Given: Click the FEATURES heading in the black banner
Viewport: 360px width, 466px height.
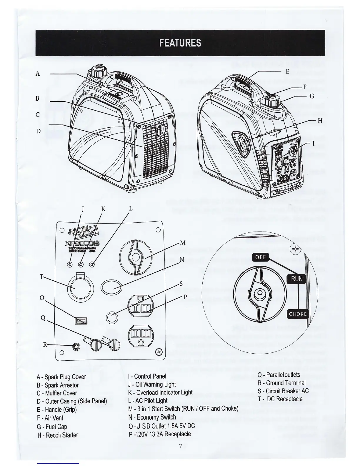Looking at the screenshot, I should click(x=180, y=43).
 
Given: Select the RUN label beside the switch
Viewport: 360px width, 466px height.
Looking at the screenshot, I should click(x=296, y=278).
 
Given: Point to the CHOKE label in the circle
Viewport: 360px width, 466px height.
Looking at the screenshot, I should click(x=298, y=314).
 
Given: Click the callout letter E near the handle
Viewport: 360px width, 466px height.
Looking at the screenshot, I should click(x=287, y=71).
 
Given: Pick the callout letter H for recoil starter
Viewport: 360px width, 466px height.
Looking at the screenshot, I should click(x=320, y=121).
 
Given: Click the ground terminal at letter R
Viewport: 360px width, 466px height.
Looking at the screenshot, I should click(x=77, y=346).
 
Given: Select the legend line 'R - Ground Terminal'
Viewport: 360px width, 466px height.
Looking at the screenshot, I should click(x=281, y=383).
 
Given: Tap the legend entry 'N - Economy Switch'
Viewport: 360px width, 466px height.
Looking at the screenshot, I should click(x=152, y=417).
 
